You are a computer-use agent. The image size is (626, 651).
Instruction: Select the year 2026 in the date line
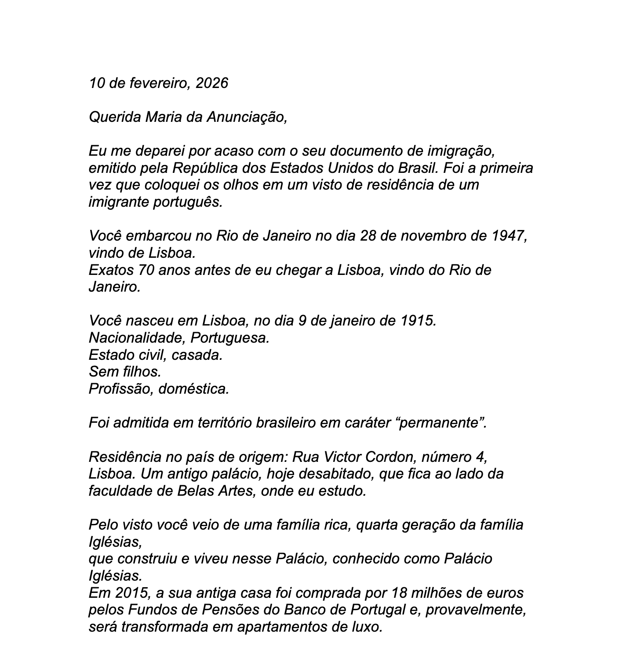[x=212, y=83]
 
